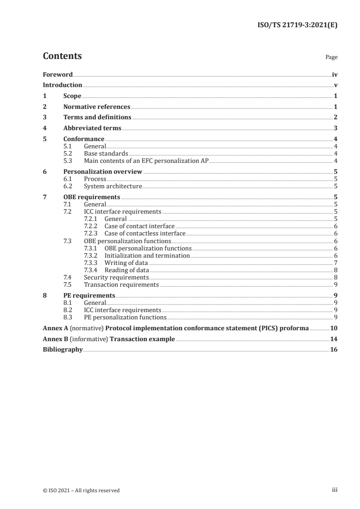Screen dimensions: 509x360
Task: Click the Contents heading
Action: (x=62, y=56)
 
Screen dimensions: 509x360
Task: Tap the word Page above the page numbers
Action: (x=331, y=58)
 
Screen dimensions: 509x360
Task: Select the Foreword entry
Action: (x=58, y=74)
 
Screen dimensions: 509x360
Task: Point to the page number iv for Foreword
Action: (x=334, y=74)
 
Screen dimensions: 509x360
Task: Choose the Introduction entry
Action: (x=62, y=85)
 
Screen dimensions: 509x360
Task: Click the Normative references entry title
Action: (x=97, y=107)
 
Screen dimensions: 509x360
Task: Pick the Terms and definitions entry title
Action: (x=97, y=117)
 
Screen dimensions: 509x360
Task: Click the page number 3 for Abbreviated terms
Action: (x=335, y=128)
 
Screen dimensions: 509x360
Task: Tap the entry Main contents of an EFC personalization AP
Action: (x=146, y=161)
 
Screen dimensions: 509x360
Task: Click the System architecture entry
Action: (x=113, y=186)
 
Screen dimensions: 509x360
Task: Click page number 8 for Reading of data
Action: (x=335, y=270)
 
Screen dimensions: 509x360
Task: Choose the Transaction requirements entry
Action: (x=121, y=284)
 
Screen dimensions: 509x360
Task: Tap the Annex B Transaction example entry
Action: (x=108, y=339)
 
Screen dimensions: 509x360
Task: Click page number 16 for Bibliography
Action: (x=334, y=350)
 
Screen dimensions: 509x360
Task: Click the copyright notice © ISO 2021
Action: (x=81, y=490)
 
